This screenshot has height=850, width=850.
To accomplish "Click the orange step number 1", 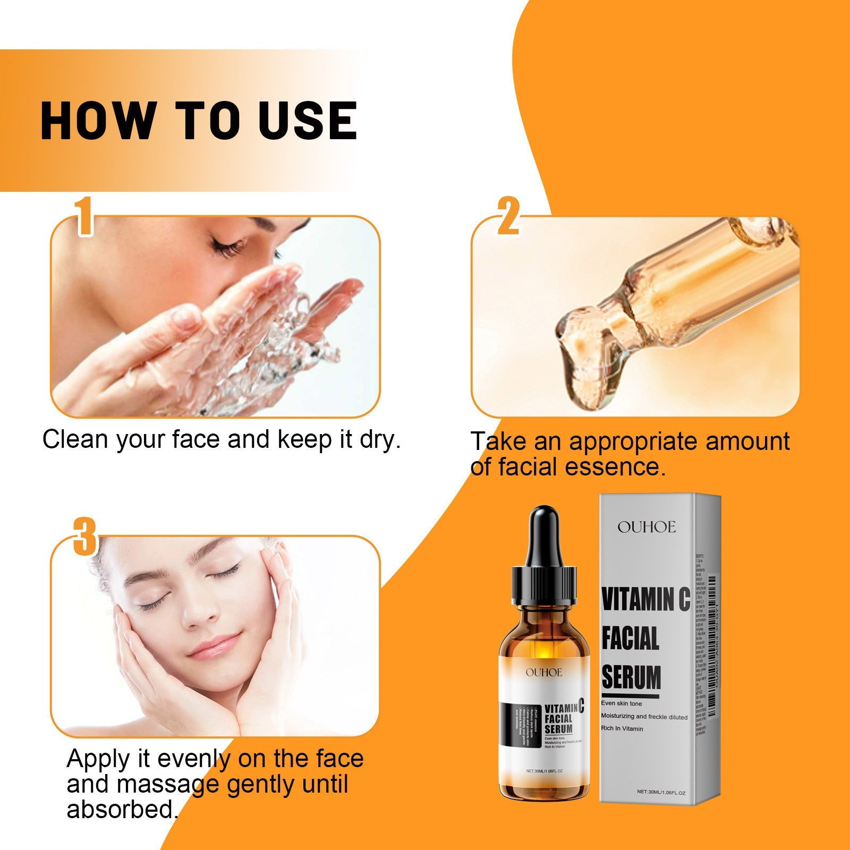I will (x=84, y=216).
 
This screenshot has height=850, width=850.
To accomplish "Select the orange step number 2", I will (x=508, y=216).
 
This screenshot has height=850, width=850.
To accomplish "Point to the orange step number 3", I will (x=85, y=537).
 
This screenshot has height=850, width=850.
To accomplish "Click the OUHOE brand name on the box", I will (x=647, y=527).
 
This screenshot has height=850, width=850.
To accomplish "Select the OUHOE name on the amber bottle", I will (x=543, y=673).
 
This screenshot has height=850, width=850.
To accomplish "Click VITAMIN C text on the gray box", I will (x=645, y=599).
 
